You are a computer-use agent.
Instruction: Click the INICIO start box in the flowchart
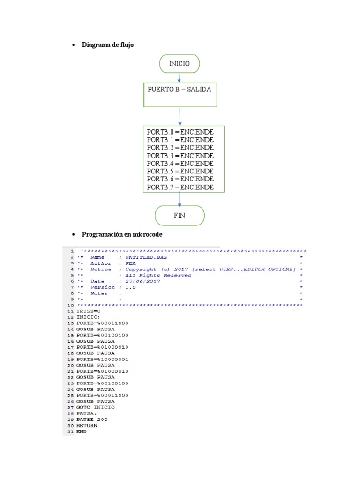coord(179,64)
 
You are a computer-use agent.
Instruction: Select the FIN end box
coord(180,215)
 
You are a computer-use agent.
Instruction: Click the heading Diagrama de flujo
coord(111,45)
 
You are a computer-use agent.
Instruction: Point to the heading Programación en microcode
coord(122,234)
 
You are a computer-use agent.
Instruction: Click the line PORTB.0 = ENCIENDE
coord(180,132)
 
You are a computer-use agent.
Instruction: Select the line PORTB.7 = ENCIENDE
coord(180,187)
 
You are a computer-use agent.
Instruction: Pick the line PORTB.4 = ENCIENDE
coord(180,163)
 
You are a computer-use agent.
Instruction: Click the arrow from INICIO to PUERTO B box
coord(179,78)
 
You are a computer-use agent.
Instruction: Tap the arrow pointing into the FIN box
coord(180,199)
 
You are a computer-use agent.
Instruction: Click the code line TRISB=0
coord(89,311)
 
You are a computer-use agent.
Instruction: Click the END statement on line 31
coord(82,431)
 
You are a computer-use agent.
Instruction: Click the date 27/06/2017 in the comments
coord(143,281)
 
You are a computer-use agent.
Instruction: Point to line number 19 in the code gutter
coord(71,359)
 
